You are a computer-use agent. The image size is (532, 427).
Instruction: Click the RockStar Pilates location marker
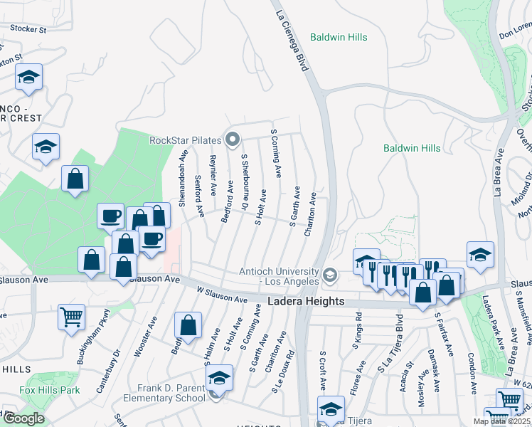pos(231,139)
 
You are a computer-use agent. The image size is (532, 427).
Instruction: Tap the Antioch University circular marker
pos(329,274)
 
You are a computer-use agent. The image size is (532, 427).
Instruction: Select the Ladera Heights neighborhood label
pos(306,302)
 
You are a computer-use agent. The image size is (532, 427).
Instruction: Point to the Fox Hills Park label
pos(50,390)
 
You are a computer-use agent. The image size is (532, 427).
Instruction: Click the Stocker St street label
pos(28,30)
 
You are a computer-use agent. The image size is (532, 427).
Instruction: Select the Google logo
pos(23,418)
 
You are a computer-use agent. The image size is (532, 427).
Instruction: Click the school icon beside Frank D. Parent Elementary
pos(219,376)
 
